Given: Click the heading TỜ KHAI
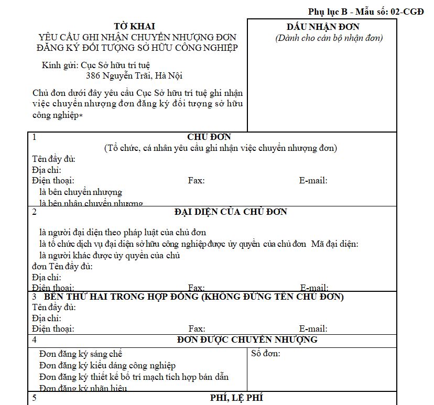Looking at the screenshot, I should (135, 26).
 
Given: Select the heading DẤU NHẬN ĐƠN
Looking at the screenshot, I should (323, 27).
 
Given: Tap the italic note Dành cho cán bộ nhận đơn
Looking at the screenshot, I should (329, 38).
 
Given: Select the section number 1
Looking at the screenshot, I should (34, 137).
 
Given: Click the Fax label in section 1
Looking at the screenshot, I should (196, 181).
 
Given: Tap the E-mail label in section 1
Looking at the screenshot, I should (313, 181).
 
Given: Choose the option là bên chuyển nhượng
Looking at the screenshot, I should (81, 192).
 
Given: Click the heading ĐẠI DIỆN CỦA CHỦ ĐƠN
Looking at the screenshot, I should (231, 212).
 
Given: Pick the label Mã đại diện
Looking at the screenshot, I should (334, 244).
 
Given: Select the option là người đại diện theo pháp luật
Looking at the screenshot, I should (123, 232).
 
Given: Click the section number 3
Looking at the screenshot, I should (34, 297).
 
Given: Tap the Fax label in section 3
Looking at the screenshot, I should (197, 329).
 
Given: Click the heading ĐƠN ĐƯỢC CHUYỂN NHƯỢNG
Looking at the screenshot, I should (247, 340).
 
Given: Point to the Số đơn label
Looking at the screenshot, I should (266, 354).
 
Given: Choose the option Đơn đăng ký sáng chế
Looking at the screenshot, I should (81, 354).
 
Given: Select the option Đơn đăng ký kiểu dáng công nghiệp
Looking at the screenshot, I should (107, 366).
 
